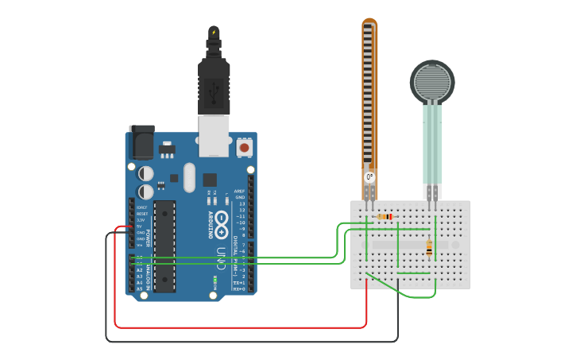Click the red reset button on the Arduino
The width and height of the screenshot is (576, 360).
click(x=244, y=147)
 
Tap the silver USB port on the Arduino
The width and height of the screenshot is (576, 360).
click(x=213, y=136)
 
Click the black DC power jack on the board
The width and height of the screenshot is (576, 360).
click(x=141, y=143)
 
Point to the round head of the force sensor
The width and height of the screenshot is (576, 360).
click(x=432, y=81)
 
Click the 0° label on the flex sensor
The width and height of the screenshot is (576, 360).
click(x=369, y=176)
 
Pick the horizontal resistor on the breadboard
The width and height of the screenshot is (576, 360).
click(x=385, y=216)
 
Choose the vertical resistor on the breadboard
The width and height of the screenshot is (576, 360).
click(x=430, y=248)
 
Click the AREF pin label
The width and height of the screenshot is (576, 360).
click(x=240, y=192)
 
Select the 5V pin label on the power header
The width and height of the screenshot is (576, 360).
click(x=140, y=226)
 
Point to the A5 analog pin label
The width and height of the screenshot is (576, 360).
click(x=140, y=288)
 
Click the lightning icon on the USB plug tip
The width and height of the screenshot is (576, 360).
click(x=213, y=33)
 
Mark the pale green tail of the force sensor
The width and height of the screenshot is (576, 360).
click(x=432, y=143)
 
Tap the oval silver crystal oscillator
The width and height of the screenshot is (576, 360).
click(x=189, y=177)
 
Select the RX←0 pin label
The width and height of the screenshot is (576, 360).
click(x=239, y=288)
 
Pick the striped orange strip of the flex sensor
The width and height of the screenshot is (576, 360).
click(x=369, y=95)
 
